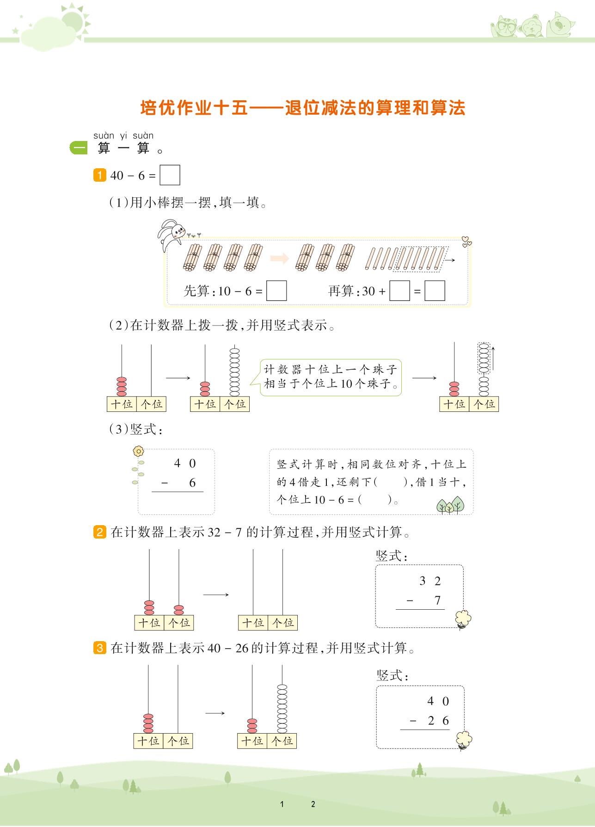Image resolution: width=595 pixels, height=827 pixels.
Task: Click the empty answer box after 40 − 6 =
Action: tap(170, 176)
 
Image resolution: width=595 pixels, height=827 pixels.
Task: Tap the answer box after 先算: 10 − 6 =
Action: tap(276, 291)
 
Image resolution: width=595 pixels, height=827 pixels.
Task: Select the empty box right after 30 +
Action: tap(399, 291)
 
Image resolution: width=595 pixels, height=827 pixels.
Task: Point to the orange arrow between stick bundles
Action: tap(279, 258)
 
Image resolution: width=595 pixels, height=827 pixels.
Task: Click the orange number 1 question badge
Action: tap(99, 176)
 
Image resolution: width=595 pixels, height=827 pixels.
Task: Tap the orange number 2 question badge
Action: tap(99, 532)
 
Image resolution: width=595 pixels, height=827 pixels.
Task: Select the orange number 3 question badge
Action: tap(99, 648)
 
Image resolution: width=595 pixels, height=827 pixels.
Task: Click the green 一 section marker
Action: tap(79, 148)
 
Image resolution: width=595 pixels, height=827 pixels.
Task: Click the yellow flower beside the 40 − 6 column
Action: tap(138, 451)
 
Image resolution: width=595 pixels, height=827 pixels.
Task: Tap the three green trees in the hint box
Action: tap(450, 505)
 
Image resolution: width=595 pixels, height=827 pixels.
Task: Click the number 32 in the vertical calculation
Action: tap(430, 581)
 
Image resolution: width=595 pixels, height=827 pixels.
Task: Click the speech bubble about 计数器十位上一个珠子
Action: tap(330, 377)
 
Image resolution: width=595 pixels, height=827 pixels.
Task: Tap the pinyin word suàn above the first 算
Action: tap(104, 135)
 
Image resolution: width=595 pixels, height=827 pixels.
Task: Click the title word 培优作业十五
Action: tap(194, 108)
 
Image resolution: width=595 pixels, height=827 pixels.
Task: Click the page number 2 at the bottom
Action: tap(313, 804)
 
